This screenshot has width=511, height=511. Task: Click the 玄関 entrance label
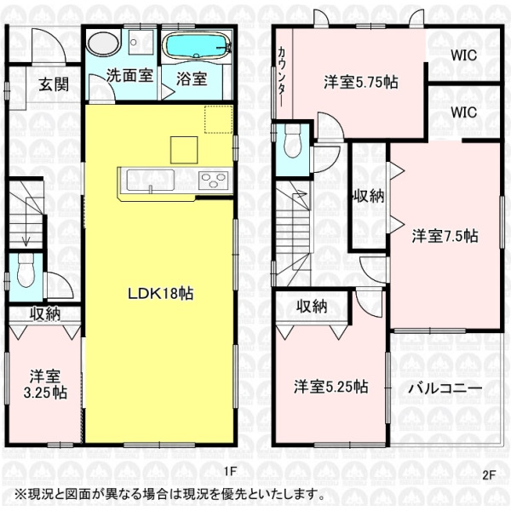pos(54,84)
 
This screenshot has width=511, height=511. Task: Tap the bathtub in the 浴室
pos(198,46)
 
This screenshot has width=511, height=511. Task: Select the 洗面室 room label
pos(129,75)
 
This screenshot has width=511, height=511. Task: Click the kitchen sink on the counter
pos(150,180)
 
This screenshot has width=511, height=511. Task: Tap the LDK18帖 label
pos(161,294)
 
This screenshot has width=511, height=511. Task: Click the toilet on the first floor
pos(26,271)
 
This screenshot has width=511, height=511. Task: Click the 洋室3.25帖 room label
pos(45,384)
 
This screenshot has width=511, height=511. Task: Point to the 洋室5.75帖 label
pos(361,82)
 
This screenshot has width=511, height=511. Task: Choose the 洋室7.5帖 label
pos(445,236)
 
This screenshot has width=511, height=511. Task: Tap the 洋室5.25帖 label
pos(330,387)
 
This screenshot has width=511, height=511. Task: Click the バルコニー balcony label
pos(445,388)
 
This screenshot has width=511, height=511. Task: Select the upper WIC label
pos(464,55)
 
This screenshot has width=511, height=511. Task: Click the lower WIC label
pos(464,112)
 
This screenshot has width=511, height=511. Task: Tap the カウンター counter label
pos(282,78)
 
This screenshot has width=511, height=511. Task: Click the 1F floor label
pos(229,471)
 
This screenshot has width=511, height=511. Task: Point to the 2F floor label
pos(489,475)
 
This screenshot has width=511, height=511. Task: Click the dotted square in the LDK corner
pos(218,119)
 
